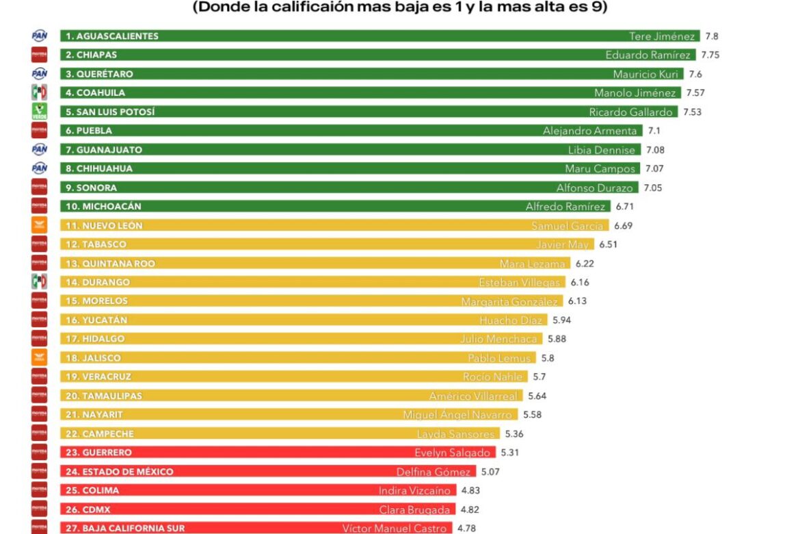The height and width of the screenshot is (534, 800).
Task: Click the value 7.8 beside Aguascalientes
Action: (x=712, y=36)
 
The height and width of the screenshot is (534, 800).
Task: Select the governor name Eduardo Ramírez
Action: (x=648, y=55)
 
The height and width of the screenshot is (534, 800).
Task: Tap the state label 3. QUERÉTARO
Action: (x=99, y=74)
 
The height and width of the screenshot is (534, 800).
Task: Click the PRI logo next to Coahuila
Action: (x=40, y=92)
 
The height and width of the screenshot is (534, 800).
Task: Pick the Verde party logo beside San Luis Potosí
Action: (x=40, y=112)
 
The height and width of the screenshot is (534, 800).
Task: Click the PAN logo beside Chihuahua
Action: (x=40, y=168)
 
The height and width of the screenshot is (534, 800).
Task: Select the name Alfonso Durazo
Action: (x=595, y=188)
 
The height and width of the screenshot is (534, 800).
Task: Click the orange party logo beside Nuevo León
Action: (x=40, y=225)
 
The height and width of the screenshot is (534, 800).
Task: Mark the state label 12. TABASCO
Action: (x=96, y=244)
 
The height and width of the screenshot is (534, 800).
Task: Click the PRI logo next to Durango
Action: (x=40, y=282)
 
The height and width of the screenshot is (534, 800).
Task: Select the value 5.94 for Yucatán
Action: (x=561, y=320)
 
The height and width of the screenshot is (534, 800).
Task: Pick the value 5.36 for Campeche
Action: (x=514, y=434)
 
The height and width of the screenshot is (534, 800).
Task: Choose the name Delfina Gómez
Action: (x=434, y=472)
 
